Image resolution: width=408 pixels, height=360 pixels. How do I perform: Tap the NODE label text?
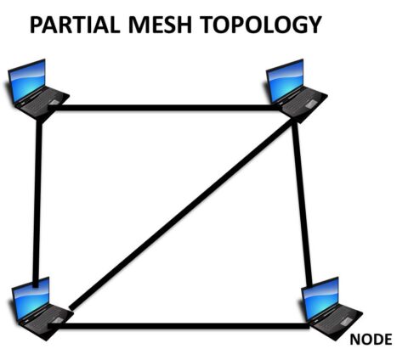click(371, 340)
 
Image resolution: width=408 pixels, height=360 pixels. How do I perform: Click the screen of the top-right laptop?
click(286, 79)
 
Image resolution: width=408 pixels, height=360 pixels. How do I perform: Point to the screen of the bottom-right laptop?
click(320, 295)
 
